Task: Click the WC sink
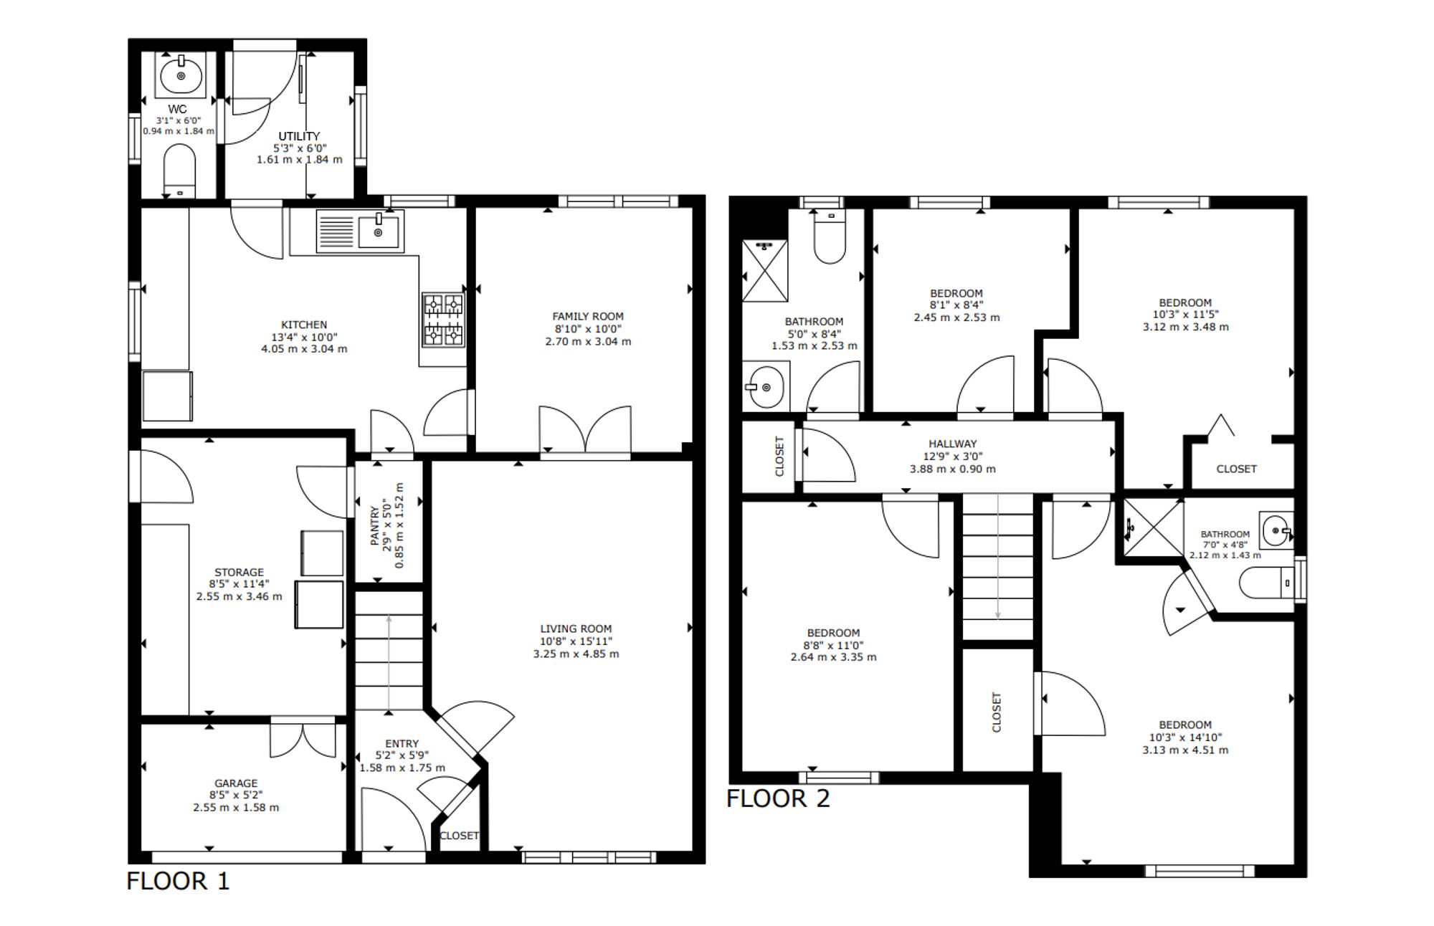(181, 75)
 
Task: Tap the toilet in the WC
(179, 171)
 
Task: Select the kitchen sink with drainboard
(360, 231)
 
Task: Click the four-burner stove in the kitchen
(443, 320)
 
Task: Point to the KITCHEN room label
(304, 325)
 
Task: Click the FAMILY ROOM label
(588, 316)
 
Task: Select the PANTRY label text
(374, 525)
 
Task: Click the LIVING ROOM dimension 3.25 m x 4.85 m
(576, 654)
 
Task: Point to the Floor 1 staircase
(389, 650)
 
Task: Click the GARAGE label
(236, 783)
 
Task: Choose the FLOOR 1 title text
(178, 881)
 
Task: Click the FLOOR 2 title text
(778, 798)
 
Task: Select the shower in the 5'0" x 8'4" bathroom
(764, 270)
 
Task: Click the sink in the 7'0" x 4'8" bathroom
(1276, 530)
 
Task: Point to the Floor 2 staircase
(997, 566)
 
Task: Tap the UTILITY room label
(299, 136)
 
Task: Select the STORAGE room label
(239, 572)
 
